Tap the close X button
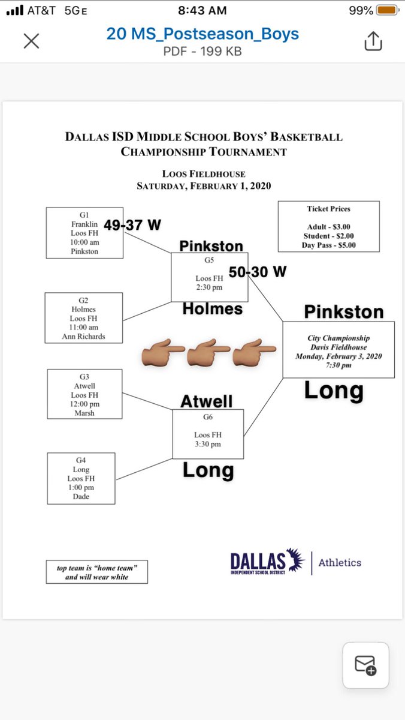[x=31, y=41]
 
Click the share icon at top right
[x=372, y=41]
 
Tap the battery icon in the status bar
[x=386, y=10]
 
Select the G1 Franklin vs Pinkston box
[x=84, y=233]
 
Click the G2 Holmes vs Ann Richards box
[x=84, y=318]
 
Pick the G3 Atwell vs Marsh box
[x=84, y=394]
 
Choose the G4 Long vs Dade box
[x=81, y=478]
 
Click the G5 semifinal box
[x=209, y=278]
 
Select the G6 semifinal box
[x=208, y=434]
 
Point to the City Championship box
[x=338, y=350]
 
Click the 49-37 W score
[x=132, y=225]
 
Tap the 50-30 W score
[x=258, y=272]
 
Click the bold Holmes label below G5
[x=212, y=309]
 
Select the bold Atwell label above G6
[x=207, y=400]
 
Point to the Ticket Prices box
[x=328, y=226]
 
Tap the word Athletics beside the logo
[x=340, y=562]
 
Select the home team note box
[x=97, y=572]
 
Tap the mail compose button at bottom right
[x=365, y=664]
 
